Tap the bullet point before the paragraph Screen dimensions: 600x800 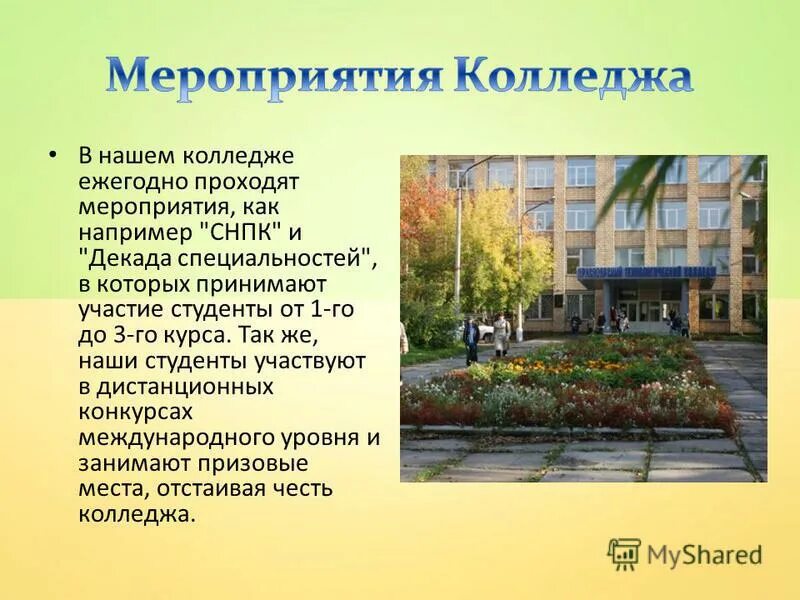coord(53,157)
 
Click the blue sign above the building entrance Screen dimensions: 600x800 coord(642,273)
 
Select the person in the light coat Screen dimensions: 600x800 coord(501,334)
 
